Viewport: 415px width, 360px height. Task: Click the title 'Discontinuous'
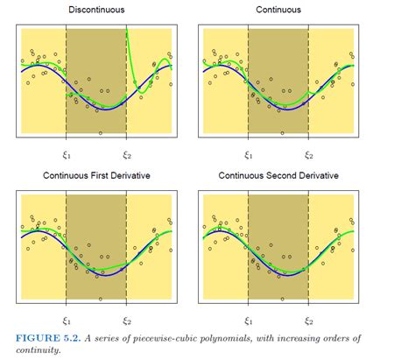tap(95, 10)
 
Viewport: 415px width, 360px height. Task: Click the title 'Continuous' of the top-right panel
tap(278, 10)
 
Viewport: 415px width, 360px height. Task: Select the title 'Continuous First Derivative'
tap(96, 176)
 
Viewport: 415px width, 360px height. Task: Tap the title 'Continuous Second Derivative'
tap(278, 176)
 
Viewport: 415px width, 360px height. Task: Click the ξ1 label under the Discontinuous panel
tap(67, 155)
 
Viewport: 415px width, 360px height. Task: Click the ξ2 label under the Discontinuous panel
tap(126, 155)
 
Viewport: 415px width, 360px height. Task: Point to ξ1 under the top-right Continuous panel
tap(249, 155)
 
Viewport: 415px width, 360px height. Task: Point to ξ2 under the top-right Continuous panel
tap(308, 155)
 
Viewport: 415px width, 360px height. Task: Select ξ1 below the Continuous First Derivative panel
tap(67, 321)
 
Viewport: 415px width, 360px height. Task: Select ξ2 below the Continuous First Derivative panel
tap(126, 321)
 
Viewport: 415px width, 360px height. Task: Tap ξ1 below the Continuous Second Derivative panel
tap(249, 321)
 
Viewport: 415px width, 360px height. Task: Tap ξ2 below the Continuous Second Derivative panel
tap(308, 321)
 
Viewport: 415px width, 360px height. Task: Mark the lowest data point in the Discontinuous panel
tap(101, 132)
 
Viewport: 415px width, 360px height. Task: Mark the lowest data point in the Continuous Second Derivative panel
tap(282, 299)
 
